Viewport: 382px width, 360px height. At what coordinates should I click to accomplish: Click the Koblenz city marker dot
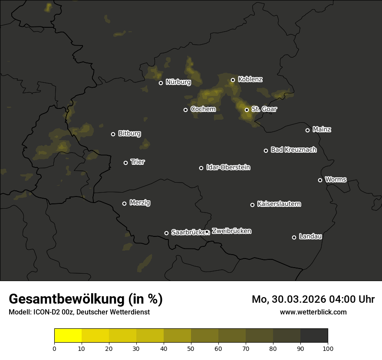pos(233,80)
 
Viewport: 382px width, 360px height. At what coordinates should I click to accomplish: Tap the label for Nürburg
pos(178,82)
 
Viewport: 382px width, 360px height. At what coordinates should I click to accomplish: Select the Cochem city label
pos(203,109)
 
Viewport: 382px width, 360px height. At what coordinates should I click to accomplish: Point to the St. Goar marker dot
pos(247,110)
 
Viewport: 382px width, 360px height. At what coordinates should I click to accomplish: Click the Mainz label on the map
pos(322,130)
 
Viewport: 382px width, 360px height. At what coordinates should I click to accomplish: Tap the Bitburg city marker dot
pos(113,134)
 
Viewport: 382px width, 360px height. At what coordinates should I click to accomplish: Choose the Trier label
pos(138,162)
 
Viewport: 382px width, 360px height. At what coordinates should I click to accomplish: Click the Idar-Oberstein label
pos(228,167)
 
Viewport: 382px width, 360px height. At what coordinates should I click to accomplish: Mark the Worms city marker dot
pos(320,180)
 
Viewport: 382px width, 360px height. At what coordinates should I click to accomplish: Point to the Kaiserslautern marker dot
pos(252,205)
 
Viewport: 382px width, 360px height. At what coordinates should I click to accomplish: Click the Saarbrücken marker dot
pos(166,233)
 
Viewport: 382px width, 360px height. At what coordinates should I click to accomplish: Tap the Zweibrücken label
pos(231,231)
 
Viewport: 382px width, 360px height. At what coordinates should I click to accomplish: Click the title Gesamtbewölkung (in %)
pos(86,299)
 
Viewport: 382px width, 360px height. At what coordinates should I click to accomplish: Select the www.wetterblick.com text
pos(313,312)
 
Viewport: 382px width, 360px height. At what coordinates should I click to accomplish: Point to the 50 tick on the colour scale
pos(191,348)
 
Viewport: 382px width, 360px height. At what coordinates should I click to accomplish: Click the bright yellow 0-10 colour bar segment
pos(68,336)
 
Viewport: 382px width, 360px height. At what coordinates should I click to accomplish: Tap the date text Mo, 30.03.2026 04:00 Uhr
pos(313,299)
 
